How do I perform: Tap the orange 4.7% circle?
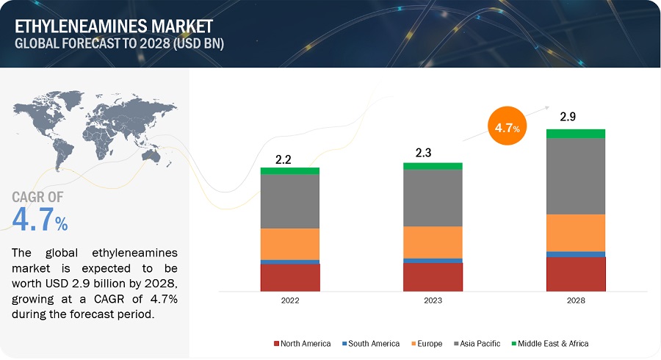coord(506,127)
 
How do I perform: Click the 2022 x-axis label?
coord(289,300)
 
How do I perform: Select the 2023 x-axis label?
coord(433,300)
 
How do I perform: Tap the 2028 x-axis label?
coord(576,300)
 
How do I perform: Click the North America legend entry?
coord(302,343)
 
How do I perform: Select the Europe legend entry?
coord(427,343)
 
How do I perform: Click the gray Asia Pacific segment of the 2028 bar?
coord(576,176)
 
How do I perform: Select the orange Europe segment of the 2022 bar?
coord(289,244)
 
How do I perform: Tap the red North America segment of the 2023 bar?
coord(433,277)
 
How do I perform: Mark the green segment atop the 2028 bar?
coord(576,134)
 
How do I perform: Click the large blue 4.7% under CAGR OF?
coord(40,220)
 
